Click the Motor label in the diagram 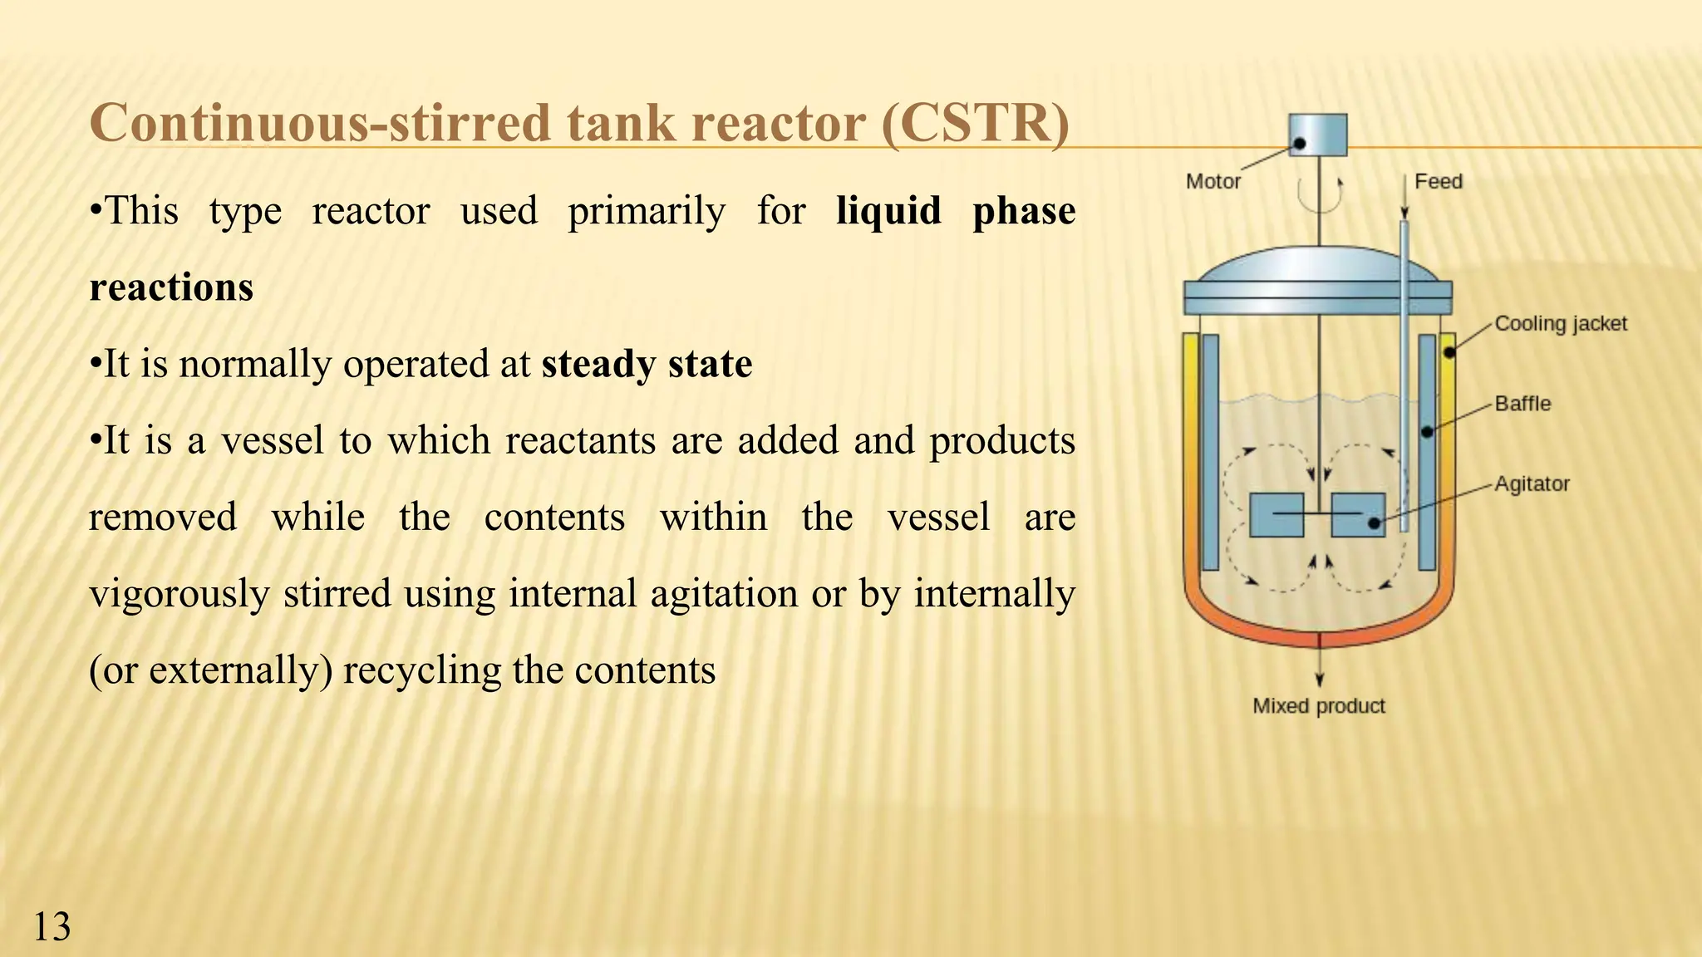(x=1213, y=181)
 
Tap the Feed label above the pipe (x=1439, y=181)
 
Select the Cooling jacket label (x=1560, y=323)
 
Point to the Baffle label (x=1522, y=404)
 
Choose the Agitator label (x=1532, y=483)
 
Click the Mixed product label (x=1319, y=706)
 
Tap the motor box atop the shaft (x=1317, y=135)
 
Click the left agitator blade (x=1276, y=515)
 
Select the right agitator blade (x=1358, y=515)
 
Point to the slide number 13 (x=52, y=926)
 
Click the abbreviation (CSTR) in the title (x=976, y=123)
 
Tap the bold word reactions (x=171, y=287)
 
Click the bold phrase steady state (x=647, y=364)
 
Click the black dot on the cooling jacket (x=1449, y=352)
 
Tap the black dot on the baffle (x=1427, y=432)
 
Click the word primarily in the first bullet (x=647, y=211)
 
